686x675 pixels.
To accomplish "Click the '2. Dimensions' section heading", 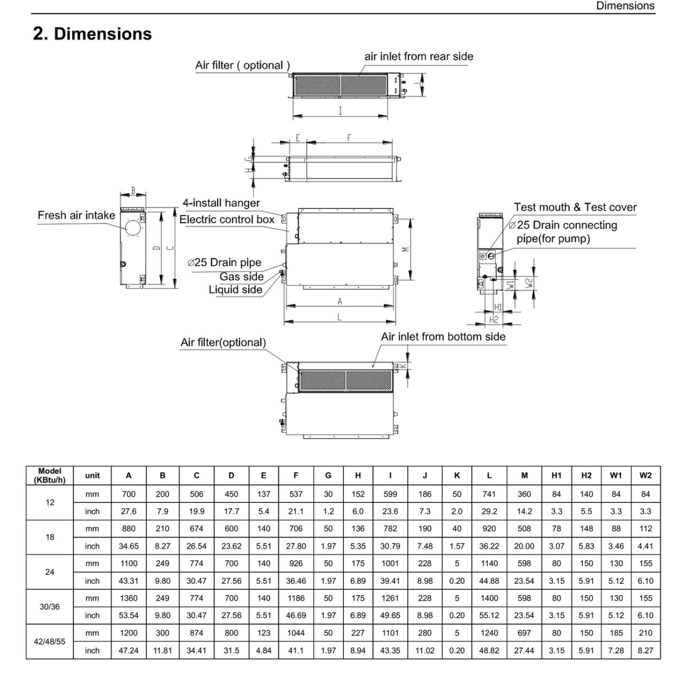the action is (x=92, y=34).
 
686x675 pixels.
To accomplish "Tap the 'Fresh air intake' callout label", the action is (x=76, y=215).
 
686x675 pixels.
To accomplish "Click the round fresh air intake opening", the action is (x=133, y=228).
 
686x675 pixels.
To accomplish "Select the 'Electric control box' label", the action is (x=227, y=219).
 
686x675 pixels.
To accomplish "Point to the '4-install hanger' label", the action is (x=221, y=203).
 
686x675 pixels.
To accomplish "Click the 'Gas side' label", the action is (x=241, y=277).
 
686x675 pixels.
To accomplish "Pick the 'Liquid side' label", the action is (x=235, y=290).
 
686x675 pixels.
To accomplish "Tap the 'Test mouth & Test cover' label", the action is (x=575, y=207).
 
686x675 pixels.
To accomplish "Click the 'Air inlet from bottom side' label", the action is (x=443, y=337).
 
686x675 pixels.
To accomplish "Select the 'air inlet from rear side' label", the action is (x=419, y=56).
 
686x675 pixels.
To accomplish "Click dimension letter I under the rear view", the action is (x=340, y=111).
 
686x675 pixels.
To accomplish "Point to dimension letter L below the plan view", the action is (x=339, y=317).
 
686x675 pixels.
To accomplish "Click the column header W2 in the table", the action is (x=645, y=475).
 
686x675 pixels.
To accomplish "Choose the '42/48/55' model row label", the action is (x=49, y=642).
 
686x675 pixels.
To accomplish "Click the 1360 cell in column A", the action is (x=129, y=598).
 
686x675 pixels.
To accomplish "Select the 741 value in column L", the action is (x=489, y=494).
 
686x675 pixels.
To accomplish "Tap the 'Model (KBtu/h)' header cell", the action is (x=49, y=476).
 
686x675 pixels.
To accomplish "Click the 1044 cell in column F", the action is (x=295, y=633).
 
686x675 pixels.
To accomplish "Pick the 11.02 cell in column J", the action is (x=424, y=650).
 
